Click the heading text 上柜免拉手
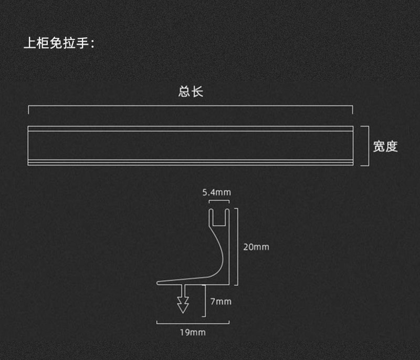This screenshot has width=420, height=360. point(58,43)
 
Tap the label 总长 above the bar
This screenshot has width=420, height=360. point(191,92)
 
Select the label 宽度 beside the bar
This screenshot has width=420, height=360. point(385,147)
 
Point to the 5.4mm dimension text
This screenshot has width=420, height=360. point(216,192)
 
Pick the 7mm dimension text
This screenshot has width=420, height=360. point(220,302)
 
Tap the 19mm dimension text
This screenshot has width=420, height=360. point(192,332)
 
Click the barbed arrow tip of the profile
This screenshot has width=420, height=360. point(183,305)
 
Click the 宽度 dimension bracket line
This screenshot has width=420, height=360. point(367,146)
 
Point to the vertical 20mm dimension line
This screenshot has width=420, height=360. point(238,246)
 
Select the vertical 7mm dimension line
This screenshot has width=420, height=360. point(205,302)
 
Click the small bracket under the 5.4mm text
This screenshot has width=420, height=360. point(219,201)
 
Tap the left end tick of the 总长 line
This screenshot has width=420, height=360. point(28,109)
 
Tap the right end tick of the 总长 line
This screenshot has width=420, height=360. point(352,109)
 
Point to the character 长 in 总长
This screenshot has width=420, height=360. point(197,92)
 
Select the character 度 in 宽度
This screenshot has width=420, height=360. point(392,147)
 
